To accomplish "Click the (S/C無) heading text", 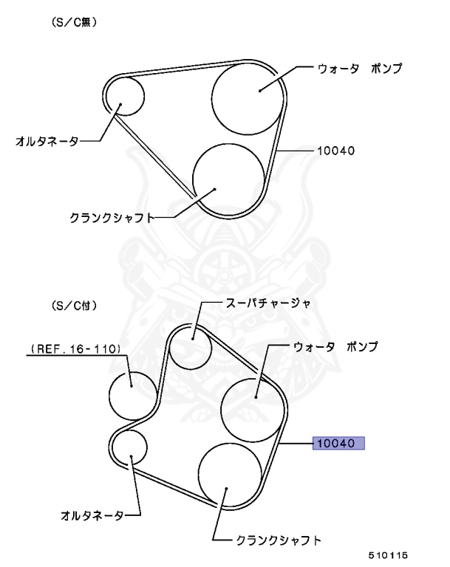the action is (x=74, y=24).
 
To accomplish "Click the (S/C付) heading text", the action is (x=74, y=304).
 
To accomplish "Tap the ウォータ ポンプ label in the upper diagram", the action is (x=359, y=69).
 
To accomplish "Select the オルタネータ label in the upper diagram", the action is (x=47, y=140).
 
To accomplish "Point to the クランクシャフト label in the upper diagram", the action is (x=111, y=219).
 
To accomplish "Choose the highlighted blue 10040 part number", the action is (x=339, y=443).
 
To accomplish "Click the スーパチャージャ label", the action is (x=267, y=303).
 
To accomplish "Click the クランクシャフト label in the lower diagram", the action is (x=279, y=540).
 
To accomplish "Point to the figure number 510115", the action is (x=389, y=554).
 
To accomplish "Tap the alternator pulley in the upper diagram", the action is (x=123, y=96).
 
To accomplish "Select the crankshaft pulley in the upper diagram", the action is (x=228, y=177).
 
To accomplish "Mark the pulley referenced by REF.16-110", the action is (x=134, y=394).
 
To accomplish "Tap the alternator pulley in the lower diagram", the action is (x=131, y=446).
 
